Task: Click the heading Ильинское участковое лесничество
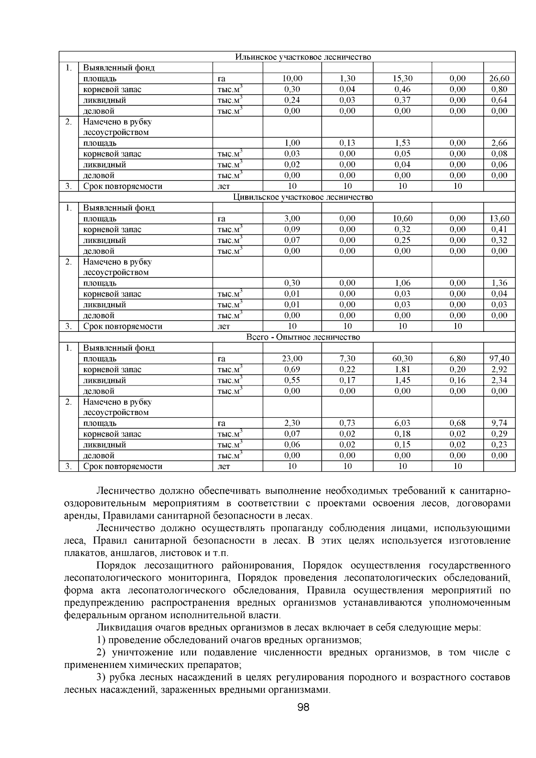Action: pyautogui.click(x=303, y=57)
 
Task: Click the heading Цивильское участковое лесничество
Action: pyautogui.click(x=303, y=197)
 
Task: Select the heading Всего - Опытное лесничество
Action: pyautogui.click(x=303, y=337)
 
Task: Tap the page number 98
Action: pyautogui.click(x=303, y=707)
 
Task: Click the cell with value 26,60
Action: pyautogui.click(x=499, y=79)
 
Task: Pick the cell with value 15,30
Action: pyautogui.click(x=402, y=79)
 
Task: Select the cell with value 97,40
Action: pyautogui.click(x=499, y=359)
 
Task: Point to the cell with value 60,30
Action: pyautogui.click(x=402, y=359)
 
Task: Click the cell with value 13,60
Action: pyautogui.click(x=499, y=218)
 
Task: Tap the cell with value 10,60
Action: pyautogui.click(x=402, y=218)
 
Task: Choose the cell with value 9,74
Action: pyautogui.click(x=499, y=423)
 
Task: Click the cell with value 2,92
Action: pyautogui.click(x=499, y=369)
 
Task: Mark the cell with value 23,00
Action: pyautogui.click(x=292, y=359)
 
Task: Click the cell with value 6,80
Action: pyautogui.click(x=457, y=359)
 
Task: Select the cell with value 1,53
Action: pyautogui.click(x=402, y=143)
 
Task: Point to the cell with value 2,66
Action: pyautogui.click(x=499, y=143)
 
